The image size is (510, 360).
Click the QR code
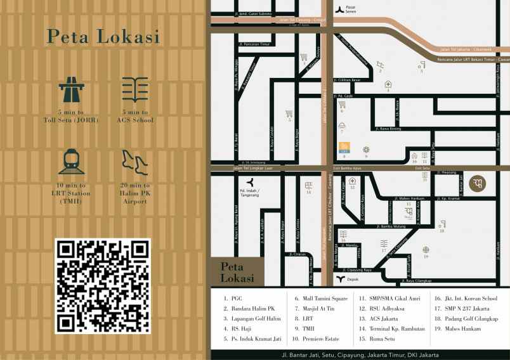[103, 286]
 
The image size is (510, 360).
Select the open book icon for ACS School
[134, 91]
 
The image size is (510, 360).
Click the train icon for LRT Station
[71, 162]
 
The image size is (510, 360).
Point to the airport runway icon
[134, 163]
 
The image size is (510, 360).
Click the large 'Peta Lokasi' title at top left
[102, 37]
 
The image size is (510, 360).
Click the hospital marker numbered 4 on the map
[388, 84]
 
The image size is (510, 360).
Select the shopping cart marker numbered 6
[289, 114]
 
